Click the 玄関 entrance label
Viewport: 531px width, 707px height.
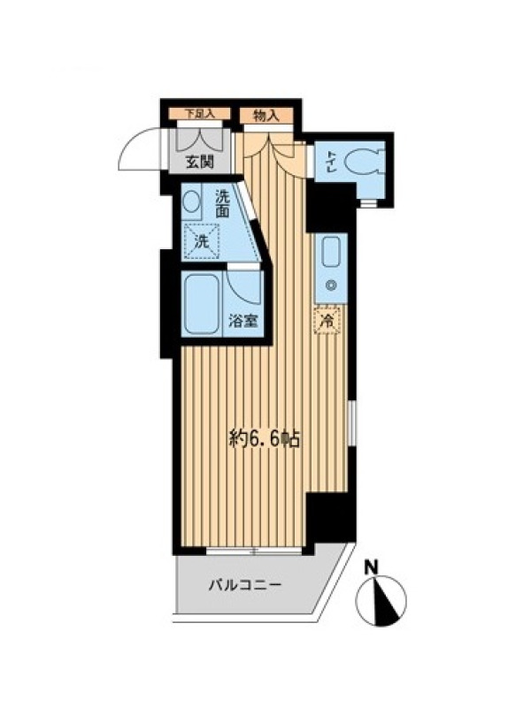[199, 162]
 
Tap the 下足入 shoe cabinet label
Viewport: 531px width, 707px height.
[199, 114]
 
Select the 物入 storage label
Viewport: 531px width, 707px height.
[266, 117]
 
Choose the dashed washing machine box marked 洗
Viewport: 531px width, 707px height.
[201, 241]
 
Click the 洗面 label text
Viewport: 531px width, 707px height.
[222, 204]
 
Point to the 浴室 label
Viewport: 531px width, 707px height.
[242, 321]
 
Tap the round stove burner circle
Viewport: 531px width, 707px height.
[331, 285]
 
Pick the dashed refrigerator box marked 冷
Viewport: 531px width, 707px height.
[327, 321]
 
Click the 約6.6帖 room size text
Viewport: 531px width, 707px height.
[265, 438]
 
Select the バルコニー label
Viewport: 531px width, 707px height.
[245, 585]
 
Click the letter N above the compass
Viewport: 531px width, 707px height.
[371, 567]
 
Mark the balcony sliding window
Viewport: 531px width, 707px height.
[254, 550]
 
